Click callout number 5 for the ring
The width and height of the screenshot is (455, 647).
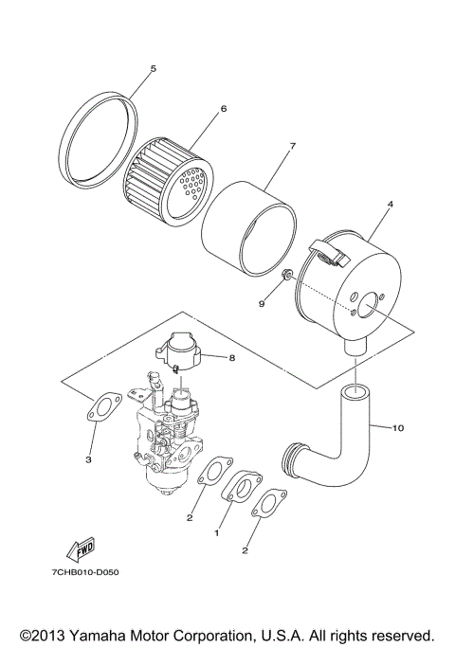153,69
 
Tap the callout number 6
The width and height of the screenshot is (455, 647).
224,109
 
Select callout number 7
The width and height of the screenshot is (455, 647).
293,146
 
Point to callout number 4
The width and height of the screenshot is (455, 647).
390,204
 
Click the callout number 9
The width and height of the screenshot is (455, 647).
264,304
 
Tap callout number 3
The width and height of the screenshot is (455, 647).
87,460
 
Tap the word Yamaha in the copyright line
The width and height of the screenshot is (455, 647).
110,634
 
